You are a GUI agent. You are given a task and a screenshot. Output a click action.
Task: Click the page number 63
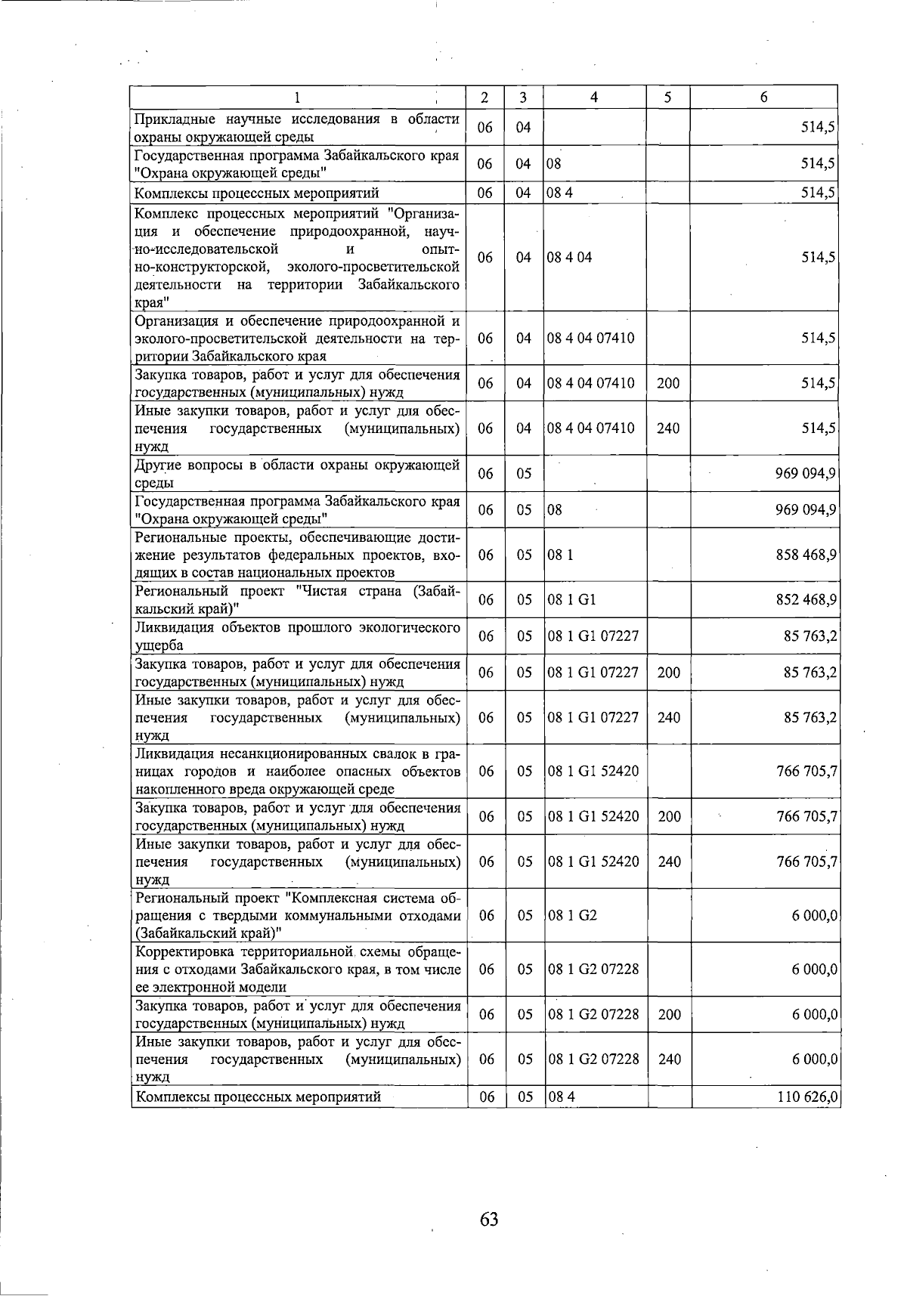[488, 1218]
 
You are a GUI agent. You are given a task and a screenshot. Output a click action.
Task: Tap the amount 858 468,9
[806, 555]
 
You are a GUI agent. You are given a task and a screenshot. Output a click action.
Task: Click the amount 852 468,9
[806, 600]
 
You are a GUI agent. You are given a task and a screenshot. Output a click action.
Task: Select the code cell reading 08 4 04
[570, 257]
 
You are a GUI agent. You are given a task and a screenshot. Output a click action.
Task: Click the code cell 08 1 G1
[572, 600]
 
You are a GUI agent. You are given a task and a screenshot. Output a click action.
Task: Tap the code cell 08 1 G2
[572, 915]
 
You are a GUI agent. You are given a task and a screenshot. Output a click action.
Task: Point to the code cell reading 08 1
[560, 555]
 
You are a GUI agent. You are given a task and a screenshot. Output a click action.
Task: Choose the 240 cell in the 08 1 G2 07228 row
[669, 1059]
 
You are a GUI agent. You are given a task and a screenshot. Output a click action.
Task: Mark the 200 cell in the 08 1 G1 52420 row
[669, 817]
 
